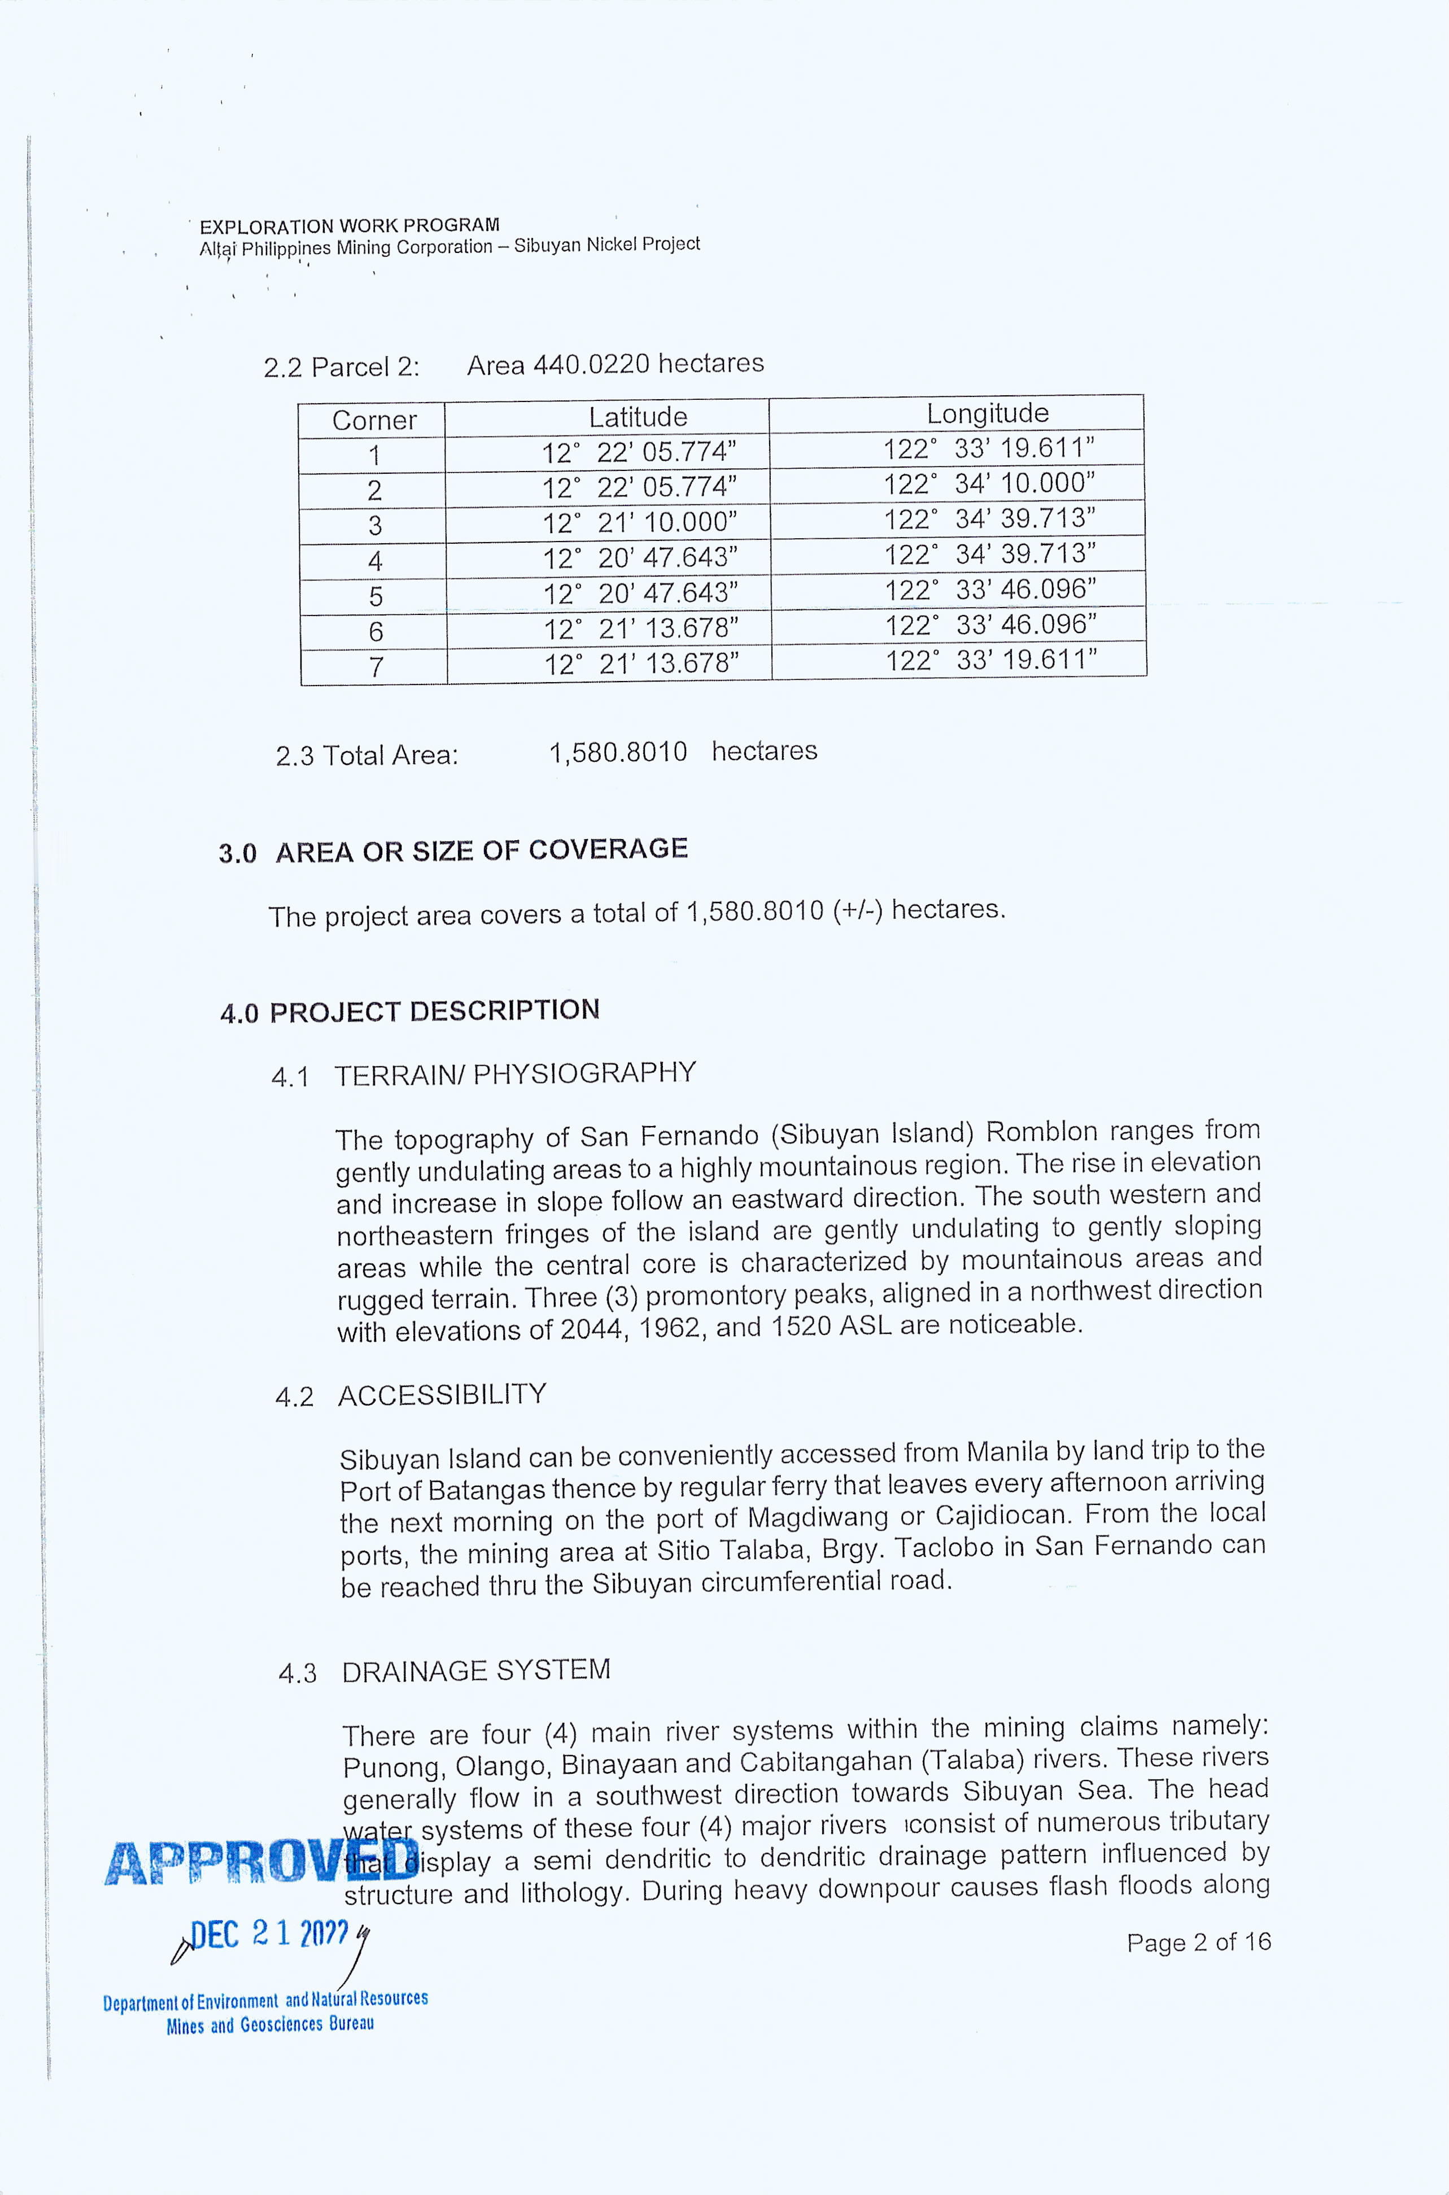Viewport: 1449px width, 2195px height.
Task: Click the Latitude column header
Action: (638, 417)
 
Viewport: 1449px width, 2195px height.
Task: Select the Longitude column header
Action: (987, 413)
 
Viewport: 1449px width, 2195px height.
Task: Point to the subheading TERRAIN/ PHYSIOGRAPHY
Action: (515, 1074)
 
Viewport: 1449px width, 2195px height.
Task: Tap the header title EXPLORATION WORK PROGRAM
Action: (350, 225)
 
